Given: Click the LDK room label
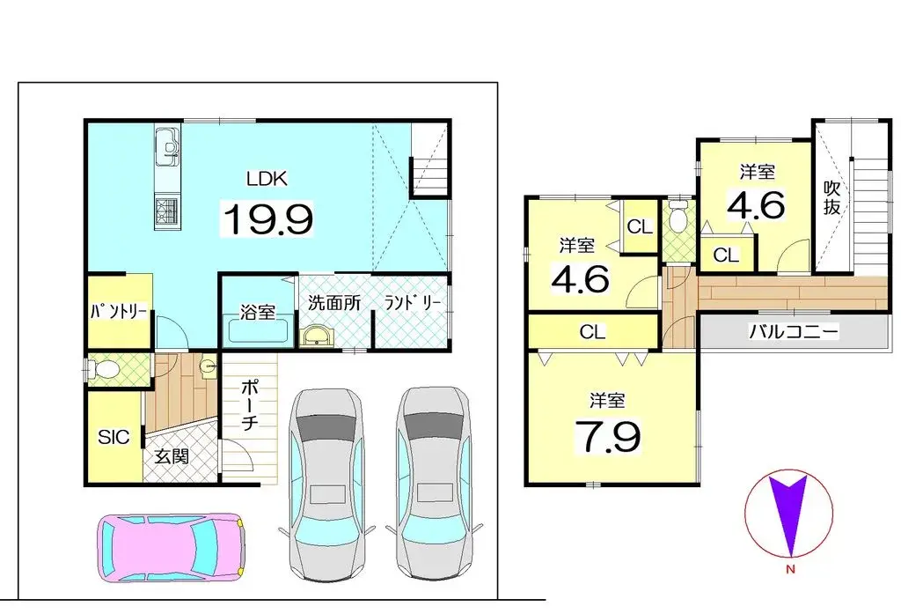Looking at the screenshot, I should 267,178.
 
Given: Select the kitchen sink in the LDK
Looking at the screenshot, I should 167,143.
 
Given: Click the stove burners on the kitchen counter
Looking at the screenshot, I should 167,211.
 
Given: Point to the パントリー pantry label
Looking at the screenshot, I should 119,312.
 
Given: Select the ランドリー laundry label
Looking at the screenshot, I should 412,302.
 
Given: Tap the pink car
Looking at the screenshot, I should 171,546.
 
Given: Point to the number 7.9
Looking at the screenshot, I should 607,435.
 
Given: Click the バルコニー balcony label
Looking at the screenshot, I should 793,332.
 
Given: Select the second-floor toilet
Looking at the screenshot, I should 678,214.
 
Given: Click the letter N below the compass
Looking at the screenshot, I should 789,570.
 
